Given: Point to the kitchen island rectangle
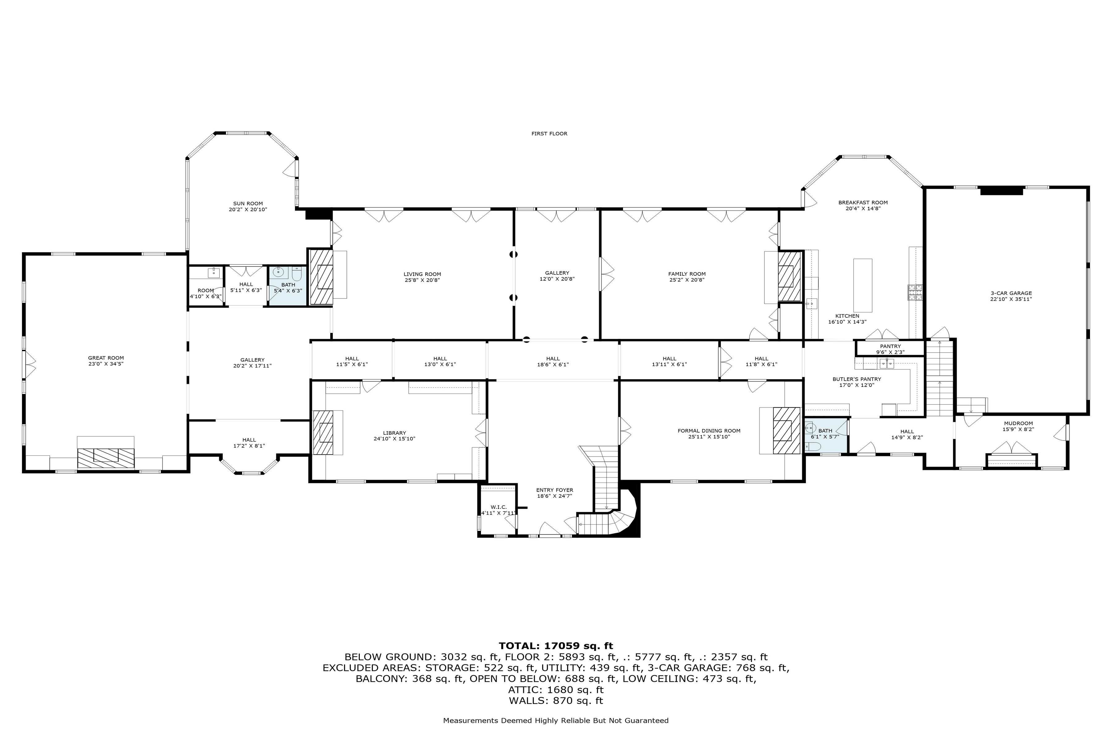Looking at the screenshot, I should click(862, 285).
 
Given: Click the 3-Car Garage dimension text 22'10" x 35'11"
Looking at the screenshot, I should click(1011, 299).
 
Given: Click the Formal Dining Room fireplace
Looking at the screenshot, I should click(786, 430).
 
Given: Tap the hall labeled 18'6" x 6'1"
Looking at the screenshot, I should click(553, 362).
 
